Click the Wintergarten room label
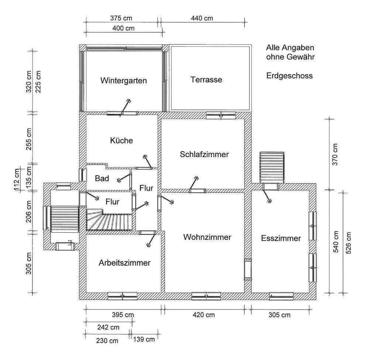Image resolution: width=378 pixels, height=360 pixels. [x=123, y=81]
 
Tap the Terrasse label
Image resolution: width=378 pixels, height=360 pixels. [x=206, y=79]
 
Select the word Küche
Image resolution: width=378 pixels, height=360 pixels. [x=121, y=140]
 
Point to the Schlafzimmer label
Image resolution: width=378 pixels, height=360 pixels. [x=204, y=154]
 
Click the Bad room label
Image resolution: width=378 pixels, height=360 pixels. [x=102, y=179]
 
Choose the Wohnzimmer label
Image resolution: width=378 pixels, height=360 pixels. [x=207, y=237]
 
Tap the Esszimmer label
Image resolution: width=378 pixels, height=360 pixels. [x=281, y=238]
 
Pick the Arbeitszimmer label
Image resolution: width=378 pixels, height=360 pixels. [x=124, y=263]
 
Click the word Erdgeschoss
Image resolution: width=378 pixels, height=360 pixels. [x=289, y=76]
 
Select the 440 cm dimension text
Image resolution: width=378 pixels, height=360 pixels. [x=202, y=18]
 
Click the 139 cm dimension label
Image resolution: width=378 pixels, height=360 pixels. [x=144, y=339]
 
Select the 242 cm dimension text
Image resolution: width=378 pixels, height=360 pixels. [x=107, y=327]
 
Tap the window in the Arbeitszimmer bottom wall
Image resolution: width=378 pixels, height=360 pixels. [x=122, y=296]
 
